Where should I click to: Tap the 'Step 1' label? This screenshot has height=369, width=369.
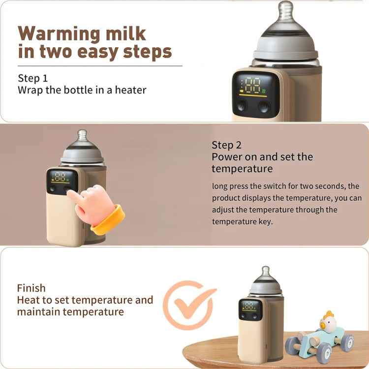(x=33, y=78)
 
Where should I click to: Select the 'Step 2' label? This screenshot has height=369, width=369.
(x=227, y=145)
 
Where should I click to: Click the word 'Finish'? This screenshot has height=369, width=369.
(x=31, y=288)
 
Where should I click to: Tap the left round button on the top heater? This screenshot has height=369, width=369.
(x=242, y=107)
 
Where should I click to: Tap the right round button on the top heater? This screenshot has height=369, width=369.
(x=265, y=107)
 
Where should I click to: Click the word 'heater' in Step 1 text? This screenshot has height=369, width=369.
(x=131, y=90)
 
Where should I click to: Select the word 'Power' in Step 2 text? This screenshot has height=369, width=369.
(x=226, y=157)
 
